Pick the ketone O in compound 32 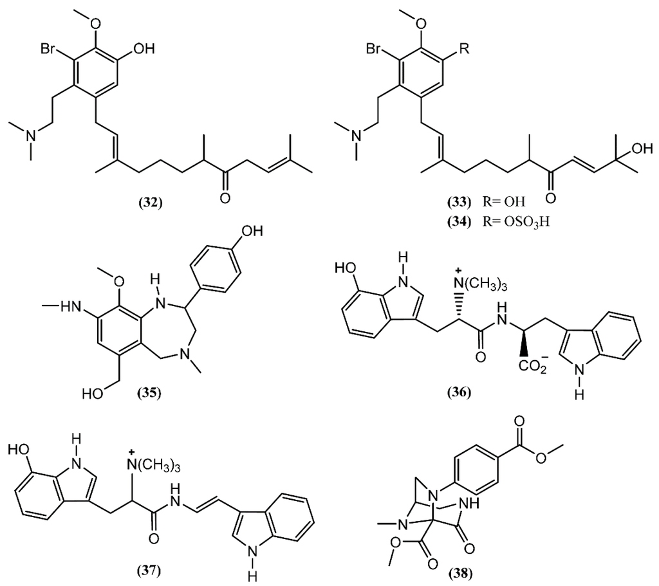(223, 198)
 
